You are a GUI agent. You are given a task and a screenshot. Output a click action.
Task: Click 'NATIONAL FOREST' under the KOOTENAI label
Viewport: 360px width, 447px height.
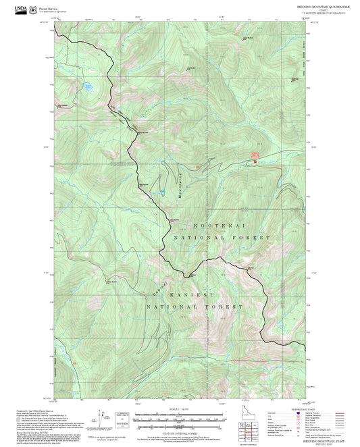[x=222, y=238]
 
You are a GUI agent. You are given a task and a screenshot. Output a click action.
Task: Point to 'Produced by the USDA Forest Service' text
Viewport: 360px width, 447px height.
[x=34, y=409]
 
